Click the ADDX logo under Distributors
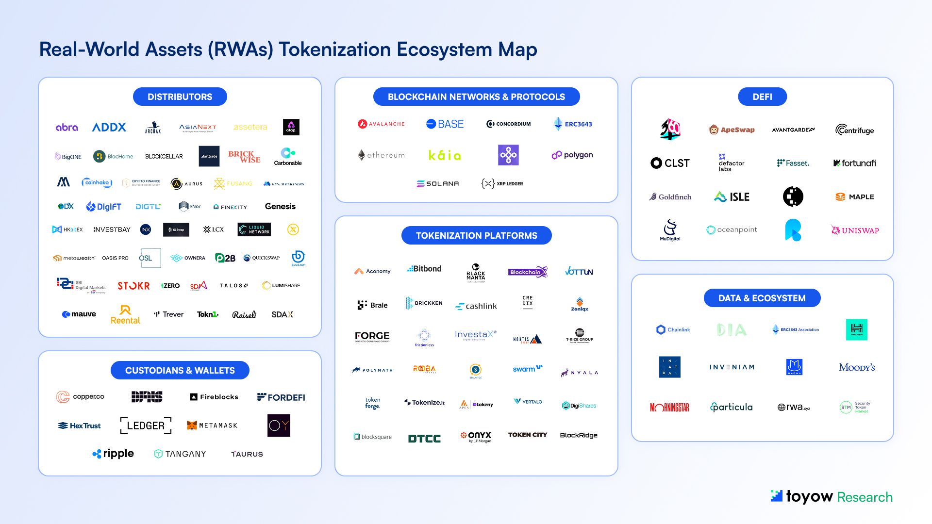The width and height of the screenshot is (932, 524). tap(109, 127)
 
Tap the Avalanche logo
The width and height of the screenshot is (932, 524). tap(381, 124)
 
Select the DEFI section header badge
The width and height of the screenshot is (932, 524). tap(762, 97)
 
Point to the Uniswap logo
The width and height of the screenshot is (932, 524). tap(855, 230)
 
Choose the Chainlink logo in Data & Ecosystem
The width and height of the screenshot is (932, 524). tap(673, 330)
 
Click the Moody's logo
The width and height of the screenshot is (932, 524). tap(857, 367)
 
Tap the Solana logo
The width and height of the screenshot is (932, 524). tap(438, 184)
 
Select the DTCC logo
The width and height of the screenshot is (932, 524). tap(424, 439)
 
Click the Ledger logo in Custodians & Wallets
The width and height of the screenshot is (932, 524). tap(146, 426)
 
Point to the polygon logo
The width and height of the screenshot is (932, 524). tap(572, 155)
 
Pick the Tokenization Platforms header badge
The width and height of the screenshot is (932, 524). tap(476, 235)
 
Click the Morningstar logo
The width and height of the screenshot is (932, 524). tap(669, 408)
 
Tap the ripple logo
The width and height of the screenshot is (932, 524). tap(113, 454)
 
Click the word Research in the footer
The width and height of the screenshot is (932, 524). tap(865, 497)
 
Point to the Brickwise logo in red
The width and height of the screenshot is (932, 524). tap(244, 157)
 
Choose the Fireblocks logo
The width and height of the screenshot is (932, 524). tap(214, 397)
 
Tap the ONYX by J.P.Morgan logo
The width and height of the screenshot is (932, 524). tap(476, 437)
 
